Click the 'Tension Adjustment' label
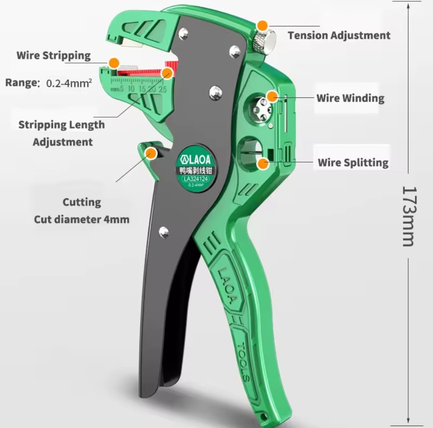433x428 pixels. coord(339,35)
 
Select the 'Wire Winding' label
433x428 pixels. coord(350,98)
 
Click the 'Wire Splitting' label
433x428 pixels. coord(353,162)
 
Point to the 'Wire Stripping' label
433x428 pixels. coord(53,55)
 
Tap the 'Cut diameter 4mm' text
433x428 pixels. coord(81,219)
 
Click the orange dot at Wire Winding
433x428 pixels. coord(272,96)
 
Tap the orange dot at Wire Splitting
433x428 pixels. coord(263,163)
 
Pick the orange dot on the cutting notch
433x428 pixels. coord(151,152)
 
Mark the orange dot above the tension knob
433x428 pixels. coord(262,25)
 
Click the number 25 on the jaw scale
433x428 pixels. coord(163,89)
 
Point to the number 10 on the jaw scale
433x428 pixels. coord(131,89)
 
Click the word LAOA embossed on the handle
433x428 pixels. coord(227,285)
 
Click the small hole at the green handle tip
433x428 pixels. coord(263,417)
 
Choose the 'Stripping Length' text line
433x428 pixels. coord(61,124)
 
